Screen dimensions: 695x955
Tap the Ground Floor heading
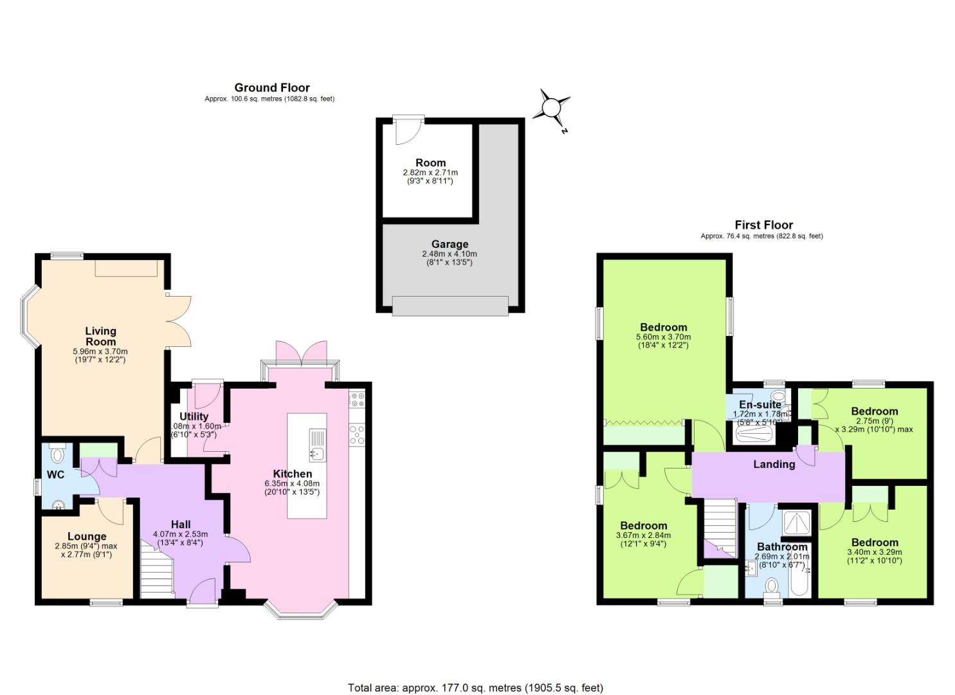(x=271, y=88)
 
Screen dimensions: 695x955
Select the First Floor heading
(x=763, y=225)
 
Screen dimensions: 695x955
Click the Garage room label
(x=450, y=244)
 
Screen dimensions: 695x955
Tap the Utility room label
(x=194, y=416)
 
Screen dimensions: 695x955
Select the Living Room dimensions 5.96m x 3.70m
(x=100, y=351)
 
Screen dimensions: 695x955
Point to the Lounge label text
(x=87, y=536)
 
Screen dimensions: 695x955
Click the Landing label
(x=774, y=464)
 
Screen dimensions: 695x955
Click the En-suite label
(x=759, y=405)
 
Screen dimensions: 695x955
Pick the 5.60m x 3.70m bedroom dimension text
(x=663, y=337)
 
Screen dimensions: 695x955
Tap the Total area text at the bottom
(x=476, y=687)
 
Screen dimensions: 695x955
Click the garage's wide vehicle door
(x=450, y=306)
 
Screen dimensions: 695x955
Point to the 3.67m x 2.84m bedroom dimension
(x=643, y=535)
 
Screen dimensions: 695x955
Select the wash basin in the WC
(x=59, y=504)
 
